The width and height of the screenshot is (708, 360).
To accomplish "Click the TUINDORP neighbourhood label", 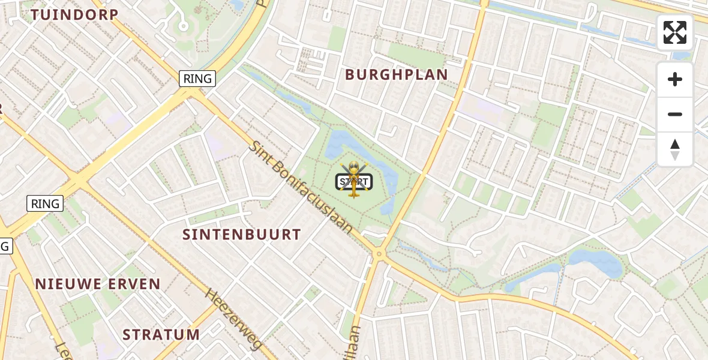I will (x=74, y=15).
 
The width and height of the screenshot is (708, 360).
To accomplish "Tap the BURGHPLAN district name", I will (x=396, y=75).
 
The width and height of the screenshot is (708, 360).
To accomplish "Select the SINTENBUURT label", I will (x=241, y=235).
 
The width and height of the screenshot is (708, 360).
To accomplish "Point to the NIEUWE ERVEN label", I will (x=98, y=284).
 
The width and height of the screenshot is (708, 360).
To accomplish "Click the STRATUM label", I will (x=161, y=334).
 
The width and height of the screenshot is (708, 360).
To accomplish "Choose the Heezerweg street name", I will (x=234, y=319).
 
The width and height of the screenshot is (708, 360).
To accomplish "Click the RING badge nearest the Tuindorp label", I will (x=197, y=79).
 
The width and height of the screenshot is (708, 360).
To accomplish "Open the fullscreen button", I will (x=674, y=32).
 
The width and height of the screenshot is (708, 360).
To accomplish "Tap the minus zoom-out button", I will (x=674, y=115).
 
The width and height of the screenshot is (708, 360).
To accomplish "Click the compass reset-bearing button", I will (x=674, y=149).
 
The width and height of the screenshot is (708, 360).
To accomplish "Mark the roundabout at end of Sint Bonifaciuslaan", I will (x=379, y=254).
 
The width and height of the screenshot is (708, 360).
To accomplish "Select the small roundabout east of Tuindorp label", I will (x=184, y=26).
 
